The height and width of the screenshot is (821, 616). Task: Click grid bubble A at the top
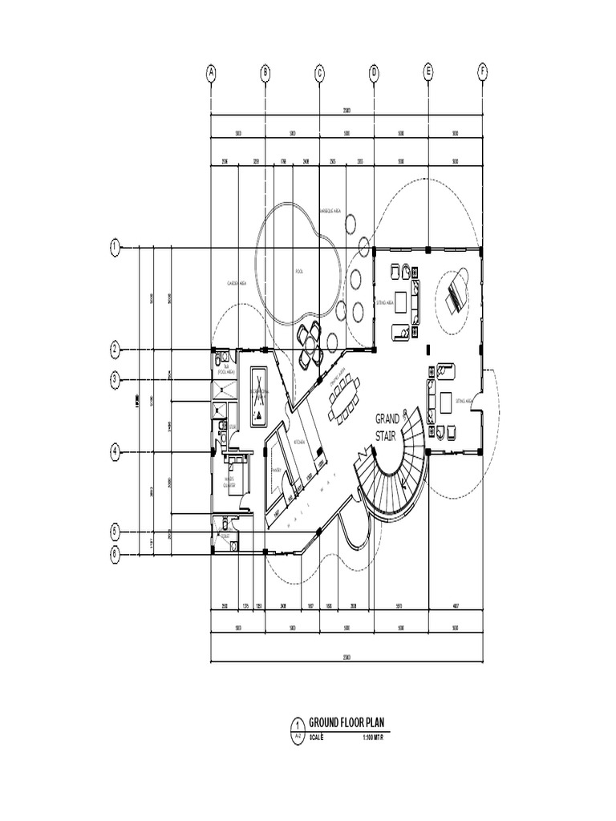tap(212, 73)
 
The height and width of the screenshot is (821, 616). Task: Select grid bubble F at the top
tap(482, 72)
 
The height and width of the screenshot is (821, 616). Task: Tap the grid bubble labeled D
tap(374, 73)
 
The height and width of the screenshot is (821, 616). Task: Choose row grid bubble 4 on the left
tap(115, 452)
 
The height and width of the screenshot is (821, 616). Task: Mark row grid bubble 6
tap(115, 552)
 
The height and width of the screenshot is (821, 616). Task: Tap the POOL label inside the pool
tap(300, 271)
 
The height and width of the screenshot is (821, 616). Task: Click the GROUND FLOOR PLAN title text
tap(347, 722)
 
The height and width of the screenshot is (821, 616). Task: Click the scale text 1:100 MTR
tap(374, 738)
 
